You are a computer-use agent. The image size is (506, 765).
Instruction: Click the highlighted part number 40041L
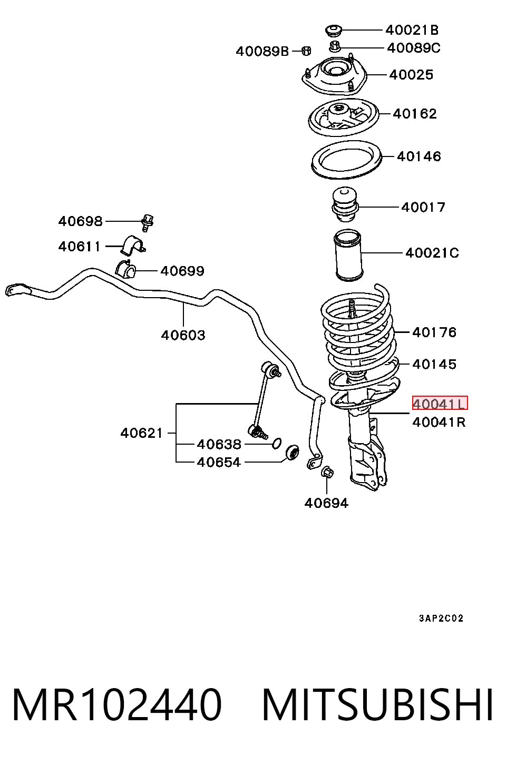tap(440, 403)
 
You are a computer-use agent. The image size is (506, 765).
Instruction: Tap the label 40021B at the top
tap(412, 31)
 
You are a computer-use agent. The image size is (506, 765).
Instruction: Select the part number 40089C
tap(413, 48)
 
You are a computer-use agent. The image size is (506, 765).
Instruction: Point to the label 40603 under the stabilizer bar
tap(183, 335)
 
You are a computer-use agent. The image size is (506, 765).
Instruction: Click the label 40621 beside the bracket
tap(142, 433)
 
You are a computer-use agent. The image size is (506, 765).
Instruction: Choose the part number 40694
tap(326, 503)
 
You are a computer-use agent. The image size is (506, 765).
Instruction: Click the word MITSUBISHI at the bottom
tap(377, 705)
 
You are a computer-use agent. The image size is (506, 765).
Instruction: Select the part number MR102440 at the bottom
tap(117, 705)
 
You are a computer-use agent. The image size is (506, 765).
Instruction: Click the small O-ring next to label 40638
tap(277, 443)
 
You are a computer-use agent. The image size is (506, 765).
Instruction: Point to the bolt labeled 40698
tap(147, 223)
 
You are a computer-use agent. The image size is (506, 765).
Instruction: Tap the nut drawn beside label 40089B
tap(306, 51)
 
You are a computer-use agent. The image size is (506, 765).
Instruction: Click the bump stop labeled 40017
tap(345, 204)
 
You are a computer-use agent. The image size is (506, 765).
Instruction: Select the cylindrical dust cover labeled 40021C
tap(348, 255)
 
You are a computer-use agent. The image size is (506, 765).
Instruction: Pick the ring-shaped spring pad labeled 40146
tap(346, 160)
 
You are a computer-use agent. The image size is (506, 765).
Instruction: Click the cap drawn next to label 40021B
tap(333, 30)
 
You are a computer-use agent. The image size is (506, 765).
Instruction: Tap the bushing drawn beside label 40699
tap(125, 269)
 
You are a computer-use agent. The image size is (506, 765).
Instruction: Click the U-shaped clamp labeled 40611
tap(133, 245)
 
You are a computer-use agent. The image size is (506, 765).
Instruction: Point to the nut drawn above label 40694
tap(327, 472)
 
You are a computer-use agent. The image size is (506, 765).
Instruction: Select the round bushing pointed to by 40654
tap(292, 453)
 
